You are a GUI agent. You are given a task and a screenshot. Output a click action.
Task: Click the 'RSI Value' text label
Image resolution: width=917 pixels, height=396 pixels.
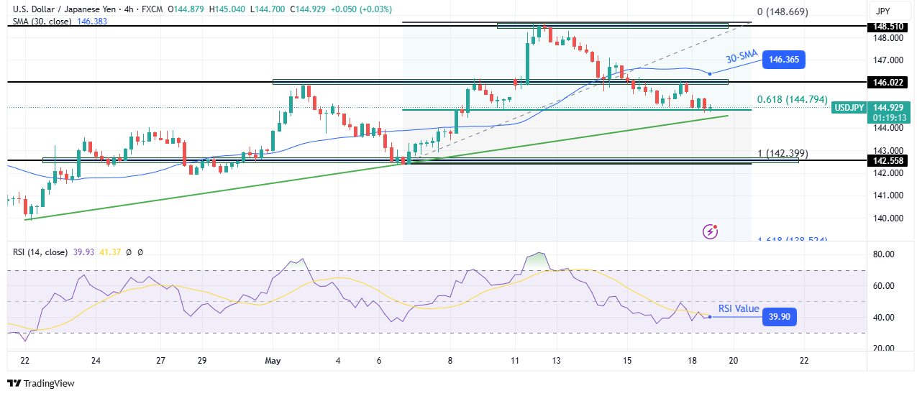(x=739, y=309)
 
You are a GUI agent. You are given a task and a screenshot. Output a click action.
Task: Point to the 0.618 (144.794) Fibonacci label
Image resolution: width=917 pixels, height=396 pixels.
(x=792, y=100)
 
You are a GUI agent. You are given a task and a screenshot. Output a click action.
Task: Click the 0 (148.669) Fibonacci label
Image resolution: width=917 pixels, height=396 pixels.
(x=783, y=11)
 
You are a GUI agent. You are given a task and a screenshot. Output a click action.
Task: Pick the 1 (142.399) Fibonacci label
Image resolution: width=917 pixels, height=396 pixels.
(x=783, y=153)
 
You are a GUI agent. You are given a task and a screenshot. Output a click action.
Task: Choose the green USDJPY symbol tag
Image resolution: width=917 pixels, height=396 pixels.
(x=849, y=108)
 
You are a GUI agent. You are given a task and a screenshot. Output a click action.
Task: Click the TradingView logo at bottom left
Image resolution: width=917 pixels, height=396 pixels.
(x=41, y=384)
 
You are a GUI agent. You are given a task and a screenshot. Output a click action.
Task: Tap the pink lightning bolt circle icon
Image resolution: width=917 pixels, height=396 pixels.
(x=711, y=231)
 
